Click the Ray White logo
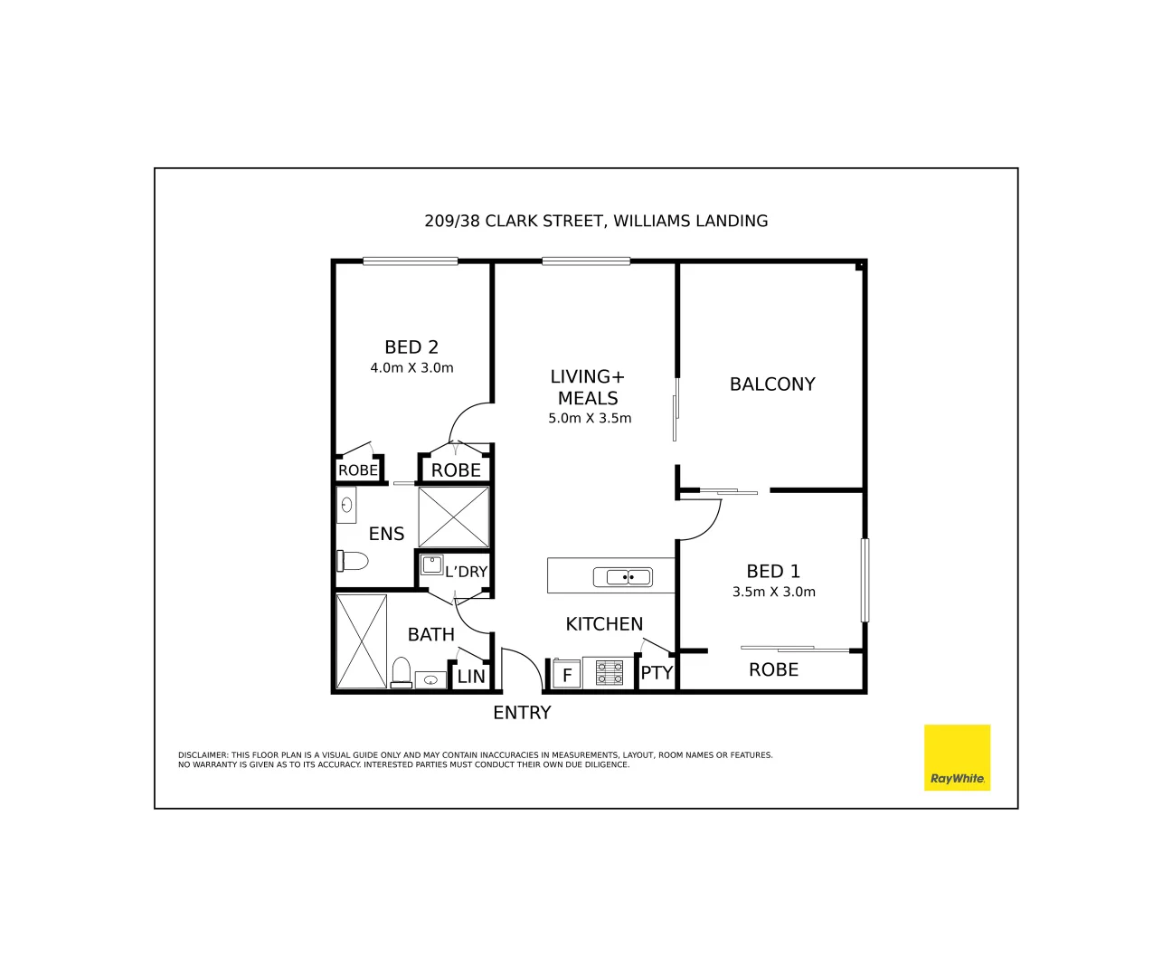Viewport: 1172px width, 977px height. point(957,758)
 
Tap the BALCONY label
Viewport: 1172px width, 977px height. point(772,384)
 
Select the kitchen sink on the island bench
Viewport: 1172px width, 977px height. point(623,577)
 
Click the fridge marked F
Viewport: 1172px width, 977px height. point(567,675)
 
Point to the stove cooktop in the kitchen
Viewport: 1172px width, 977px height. point(609,673)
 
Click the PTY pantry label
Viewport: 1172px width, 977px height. point(657,673)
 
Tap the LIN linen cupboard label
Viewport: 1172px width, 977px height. point(471,677)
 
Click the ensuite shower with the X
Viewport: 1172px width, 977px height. point(454,517)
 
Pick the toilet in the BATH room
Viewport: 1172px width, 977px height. point(401,673)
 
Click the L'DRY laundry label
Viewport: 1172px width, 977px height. point(466,572)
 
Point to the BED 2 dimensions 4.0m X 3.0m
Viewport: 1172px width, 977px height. point(411,368)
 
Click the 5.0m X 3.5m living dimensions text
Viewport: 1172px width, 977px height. point(590,419)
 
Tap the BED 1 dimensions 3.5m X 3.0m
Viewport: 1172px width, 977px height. point(773,593)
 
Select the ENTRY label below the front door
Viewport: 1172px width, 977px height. point(522,713)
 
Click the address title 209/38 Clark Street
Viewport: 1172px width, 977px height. point(596,221)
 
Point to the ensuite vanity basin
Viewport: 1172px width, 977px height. point(346,505)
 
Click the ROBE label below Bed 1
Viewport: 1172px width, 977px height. point(773,670)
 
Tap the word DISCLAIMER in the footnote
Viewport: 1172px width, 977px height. point(203,755)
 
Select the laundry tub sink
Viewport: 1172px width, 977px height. point(431,565)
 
